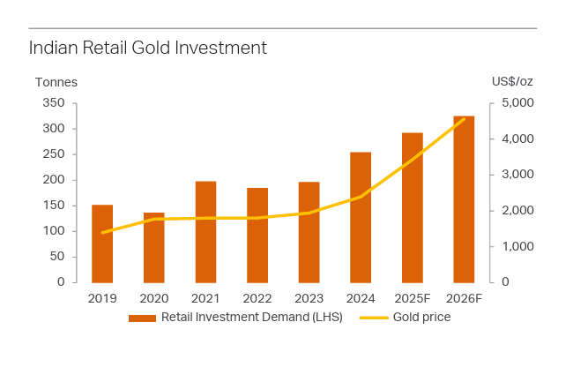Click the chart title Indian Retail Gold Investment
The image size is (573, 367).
coord(147,48)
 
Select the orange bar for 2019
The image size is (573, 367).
coord(102,243)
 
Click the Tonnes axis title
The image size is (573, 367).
coord(56,82)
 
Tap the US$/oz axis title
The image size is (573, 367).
coord(512,82)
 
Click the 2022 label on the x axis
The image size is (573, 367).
coord(257,298)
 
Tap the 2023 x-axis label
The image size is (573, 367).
coord(309,298)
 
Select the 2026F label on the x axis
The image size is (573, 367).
coord(464,298)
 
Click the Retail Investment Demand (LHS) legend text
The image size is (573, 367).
coord(251,318)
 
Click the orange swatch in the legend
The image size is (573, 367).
coord(142,318)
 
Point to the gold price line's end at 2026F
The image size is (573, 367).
coord(464,119)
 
